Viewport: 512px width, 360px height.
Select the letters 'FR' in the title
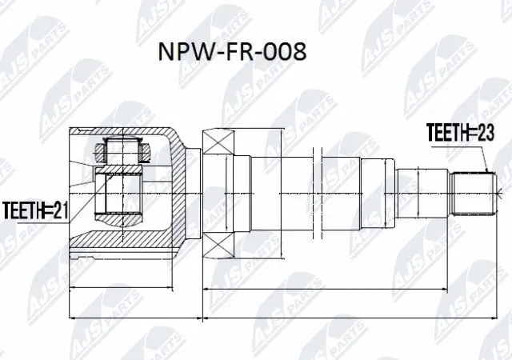tap(231, 51)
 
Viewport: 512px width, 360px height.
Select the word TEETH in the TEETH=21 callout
tap(23, 211)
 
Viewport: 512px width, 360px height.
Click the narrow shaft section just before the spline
tap(432, 194)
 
